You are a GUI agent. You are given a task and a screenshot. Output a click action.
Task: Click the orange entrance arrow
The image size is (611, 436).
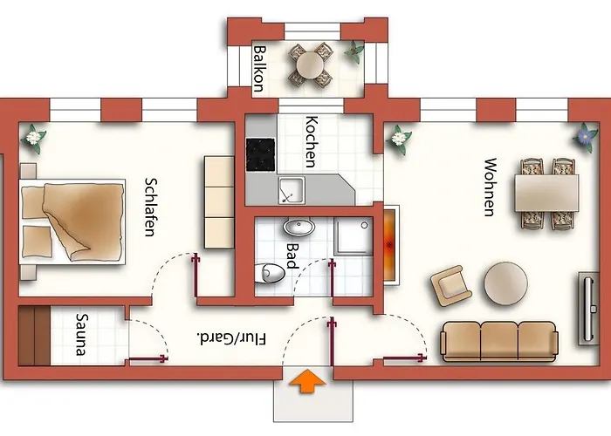point(307,381)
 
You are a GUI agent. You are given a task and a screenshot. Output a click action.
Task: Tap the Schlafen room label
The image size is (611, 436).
point(150,208)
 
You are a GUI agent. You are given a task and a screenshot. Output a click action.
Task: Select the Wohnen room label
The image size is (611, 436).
point(491,187)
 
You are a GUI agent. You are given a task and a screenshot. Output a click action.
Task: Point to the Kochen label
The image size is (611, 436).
point(311,141)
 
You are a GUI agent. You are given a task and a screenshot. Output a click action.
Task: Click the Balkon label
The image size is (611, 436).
point(259,69)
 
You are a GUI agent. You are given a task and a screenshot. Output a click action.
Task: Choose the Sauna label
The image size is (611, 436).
point(81,335)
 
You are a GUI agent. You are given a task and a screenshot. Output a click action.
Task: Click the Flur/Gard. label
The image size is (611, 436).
point(232,338)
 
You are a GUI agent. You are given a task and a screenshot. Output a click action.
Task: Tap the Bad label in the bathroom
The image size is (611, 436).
point(292,255)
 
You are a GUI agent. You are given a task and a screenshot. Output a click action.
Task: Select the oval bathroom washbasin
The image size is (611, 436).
point(299,227)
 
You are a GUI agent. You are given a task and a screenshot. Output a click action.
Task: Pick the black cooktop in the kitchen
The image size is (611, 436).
point(260,154)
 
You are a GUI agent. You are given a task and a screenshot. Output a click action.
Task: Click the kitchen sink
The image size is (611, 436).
point(291,190)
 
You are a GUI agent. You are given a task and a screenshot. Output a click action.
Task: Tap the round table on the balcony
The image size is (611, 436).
point(310,65)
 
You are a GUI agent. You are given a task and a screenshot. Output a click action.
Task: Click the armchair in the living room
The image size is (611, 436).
point(451,285)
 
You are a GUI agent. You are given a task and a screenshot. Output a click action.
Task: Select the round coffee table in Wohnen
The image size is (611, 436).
point(505,283)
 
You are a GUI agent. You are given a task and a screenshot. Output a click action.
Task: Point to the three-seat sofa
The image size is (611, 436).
point(499,342)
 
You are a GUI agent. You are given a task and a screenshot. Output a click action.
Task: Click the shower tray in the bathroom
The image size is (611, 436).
point(353,236)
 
